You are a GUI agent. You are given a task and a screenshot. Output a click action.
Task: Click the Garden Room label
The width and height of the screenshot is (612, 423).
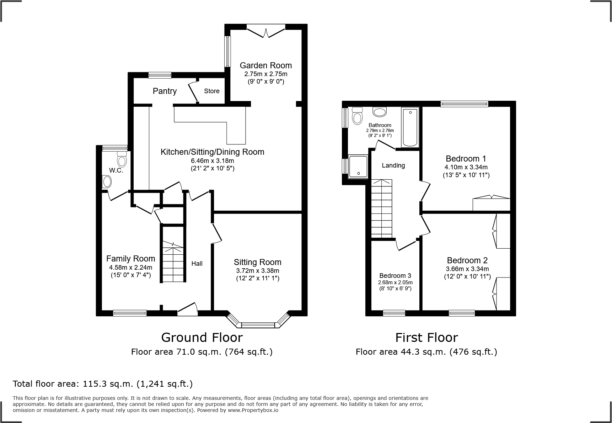click(x=265, y=65)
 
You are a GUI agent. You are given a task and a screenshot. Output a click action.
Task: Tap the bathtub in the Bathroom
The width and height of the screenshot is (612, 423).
click(x=410, y=127)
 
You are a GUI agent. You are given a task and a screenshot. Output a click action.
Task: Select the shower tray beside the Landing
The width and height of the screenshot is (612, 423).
click(x=358, y=166)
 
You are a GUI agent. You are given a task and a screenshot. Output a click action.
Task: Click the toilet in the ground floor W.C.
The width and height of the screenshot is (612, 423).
click(x=122, y=159)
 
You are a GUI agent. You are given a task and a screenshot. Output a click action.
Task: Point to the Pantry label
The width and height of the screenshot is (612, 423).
click(x=165, y=91)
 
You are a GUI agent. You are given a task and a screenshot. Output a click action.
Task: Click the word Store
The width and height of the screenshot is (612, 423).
click(x=211, y=91)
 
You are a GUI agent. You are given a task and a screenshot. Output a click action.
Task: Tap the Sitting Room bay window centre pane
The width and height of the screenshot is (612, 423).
click(x=258, y=325)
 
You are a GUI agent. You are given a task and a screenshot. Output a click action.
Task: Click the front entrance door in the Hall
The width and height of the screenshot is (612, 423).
click(x=187, y=311)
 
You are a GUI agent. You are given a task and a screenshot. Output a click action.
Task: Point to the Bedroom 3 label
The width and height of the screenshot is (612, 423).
click(x=395, y=276)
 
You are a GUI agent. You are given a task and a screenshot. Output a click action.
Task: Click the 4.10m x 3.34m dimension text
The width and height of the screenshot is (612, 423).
click(x=466, y=167)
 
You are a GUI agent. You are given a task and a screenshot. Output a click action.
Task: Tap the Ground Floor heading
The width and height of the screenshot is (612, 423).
click(x=202, y=337)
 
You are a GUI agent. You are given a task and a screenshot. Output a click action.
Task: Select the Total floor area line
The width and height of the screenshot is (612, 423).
click(x=103, y=384)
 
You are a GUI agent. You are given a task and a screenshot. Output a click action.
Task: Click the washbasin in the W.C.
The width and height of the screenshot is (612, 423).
click(x=106, y=182)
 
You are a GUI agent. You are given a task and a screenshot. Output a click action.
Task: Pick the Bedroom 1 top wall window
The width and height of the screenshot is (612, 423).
click(x=464, y=104)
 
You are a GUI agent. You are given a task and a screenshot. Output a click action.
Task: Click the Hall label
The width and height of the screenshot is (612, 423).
click(x=197, y=264)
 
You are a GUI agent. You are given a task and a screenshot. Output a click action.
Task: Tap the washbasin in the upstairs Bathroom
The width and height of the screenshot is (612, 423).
click(x=380, y=112)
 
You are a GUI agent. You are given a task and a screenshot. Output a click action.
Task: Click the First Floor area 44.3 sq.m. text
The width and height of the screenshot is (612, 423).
click(x=426, y=352)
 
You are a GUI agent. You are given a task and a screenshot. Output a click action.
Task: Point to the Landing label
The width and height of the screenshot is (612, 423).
click(x=393, y=165)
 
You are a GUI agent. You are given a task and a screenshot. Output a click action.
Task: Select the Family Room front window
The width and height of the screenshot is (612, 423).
click(x=130, y=313)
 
